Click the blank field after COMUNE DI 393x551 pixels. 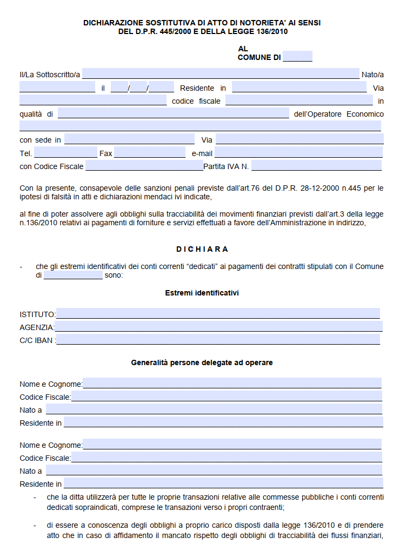click(x=297, y=57)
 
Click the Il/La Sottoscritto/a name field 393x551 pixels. click(x=221, y=74)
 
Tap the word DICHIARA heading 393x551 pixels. click(x=202, y=249)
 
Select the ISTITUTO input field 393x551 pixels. click(x=218, y=314)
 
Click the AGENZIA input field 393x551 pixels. click(x=218, y=327)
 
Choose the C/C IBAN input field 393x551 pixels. click(x=218, y=340)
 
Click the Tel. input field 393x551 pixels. click(x=65, y=153)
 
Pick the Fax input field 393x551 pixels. click(x=150, y=153)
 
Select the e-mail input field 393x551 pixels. click(x=299, y=153)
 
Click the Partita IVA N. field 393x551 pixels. click(x=316, y=166)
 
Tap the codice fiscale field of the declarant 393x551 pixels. click(x=299, y=100)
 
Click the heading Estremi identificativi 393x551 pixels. click(x=202, y=293)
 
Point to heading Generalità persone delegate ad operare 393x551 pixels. click(x=202, y=362)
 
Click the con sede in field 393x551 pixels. click(x=129, y=139)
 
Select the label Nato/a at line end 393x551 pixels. click(x=372, y=75)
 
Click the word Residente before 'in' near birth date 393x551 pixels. click(x=197, y=88)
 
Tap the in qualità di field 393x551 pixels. click(x=173, y=113)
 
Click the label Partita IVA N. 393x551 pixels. click(x=226, y=166)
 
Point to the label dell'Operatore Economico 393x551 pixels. click(x=339, y=114)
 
